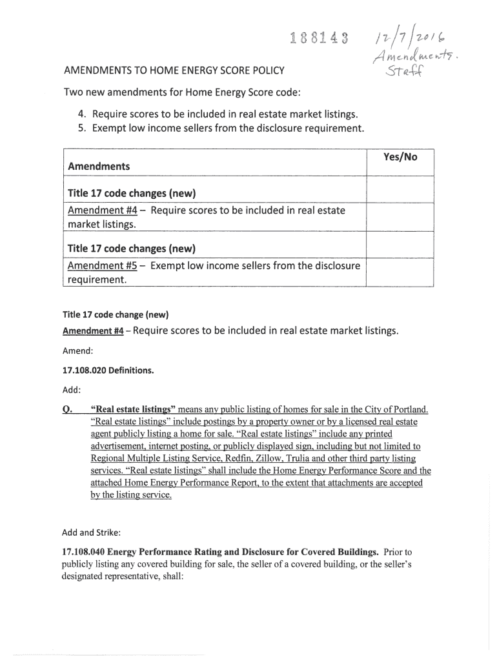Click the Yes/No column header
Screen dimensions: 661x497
[x=400, y=156]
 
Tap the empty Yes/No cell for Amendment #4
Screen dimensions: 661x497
[x=400, y=217]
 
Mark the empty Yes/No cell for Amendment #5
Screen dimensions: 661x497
[x=400, y=272]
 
